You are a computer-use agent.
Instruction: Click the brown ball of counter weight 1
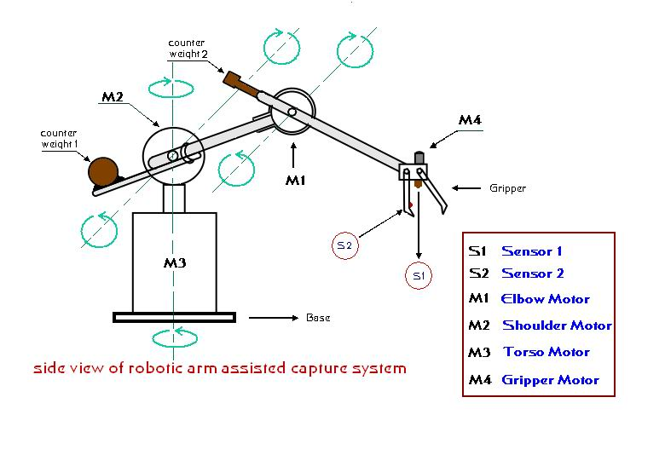click(x=104, y=171)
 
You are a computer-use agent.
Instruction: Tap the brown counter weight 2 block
click(x=240, y=84)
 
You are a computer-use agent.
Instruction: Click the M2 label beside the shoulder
click(x=113, y=97)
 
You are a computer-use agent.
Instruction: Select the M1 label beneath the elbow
click(x=294, y=181)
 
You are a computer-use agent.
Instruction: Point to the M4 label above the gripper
click(x=470, y=121)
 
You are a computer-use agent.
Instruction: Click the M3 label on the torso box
click(x=175, y=262)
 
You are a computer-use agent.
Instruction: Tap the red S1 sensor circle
click(x=418, y=276)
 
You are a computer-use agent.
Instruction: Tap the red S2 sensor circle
click(x=344, y=245)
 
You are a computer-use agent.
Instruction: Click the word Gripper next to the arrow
click(x=507, y=188)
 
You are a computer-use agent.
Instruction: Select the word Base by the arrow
click(x=317, y=318)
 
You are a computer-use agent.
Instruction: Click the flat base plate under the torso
click(x=174, y=318)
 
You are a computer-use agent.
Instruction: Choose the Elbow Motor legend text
click(x=546, y=299)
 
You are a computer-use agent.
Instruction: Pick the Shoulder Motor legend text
click(x=557, y=325)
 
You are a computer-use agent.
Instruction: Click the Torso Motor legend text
click(x=546, y=352)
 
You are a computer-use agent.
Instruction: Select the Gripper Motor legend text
click(x=550, y=380)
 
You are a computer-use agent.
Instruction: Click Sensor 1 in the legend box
click(x=531, y=251)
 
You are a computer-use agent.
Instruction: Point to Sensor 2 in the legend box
click(x=532, y=274)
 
